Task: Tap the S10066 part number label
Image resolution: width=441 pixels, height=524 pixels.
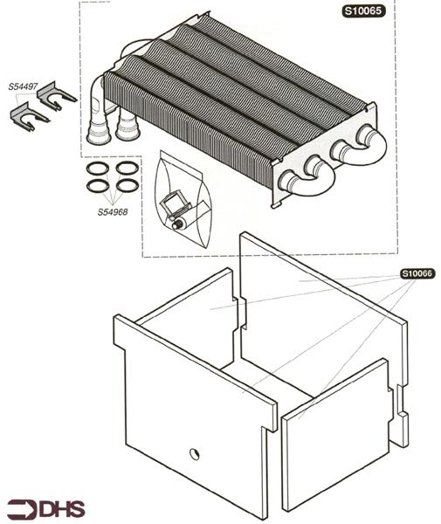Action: (x=417, y=273)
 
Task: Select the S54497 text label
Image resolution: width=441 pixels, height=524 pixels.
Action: (x=24, y=87)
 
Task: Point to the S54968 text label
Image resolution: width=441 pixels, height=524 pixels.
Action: (x=113, y=211)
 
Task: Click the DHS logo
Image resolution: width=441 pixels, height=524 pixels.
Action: (x=47, y=508)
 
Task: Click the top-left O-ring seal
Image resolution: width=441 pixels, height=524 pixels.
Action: (x=98, y=167)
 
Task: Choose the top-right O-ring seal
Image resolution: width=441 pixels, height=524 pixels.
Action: (x=127, y=167)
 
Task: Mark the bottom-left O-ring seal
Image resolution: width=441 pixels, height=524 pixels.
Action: (x=98, y=185)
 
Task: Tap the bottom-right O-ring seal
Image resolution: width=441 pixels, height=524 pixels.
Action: (x=127, y=185)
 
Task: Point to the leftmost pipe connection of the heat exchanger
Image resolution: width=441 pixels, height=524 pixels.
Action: (x=97, y=131)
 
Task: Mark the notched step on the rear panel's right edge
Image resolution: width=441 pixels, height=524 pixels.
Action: (x=401, y=410)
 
